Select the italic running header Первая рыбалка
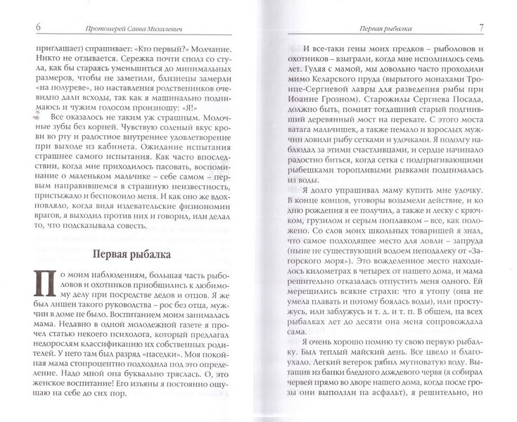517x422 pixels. (385, 27)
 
